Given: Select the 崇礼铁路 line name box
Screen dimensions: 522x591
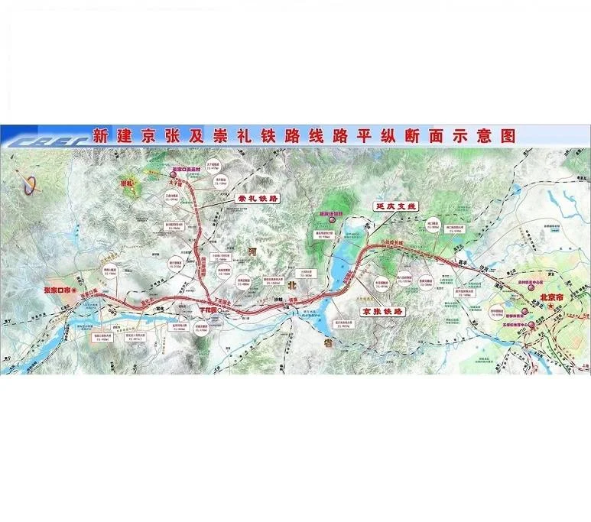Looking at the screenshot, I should [x=252, y=197].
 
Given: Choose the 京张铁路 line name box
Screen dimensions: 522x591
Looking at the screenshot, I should [x=385, y=312].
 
